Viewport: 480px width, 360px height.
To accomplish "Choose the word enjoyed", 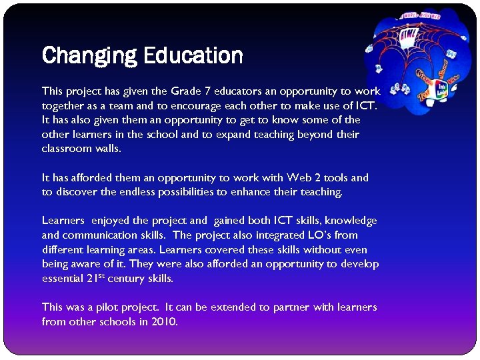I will click(x=111, y=221).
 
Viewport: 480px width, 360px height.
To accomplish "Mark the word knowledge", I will click(x=351, y=221).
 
